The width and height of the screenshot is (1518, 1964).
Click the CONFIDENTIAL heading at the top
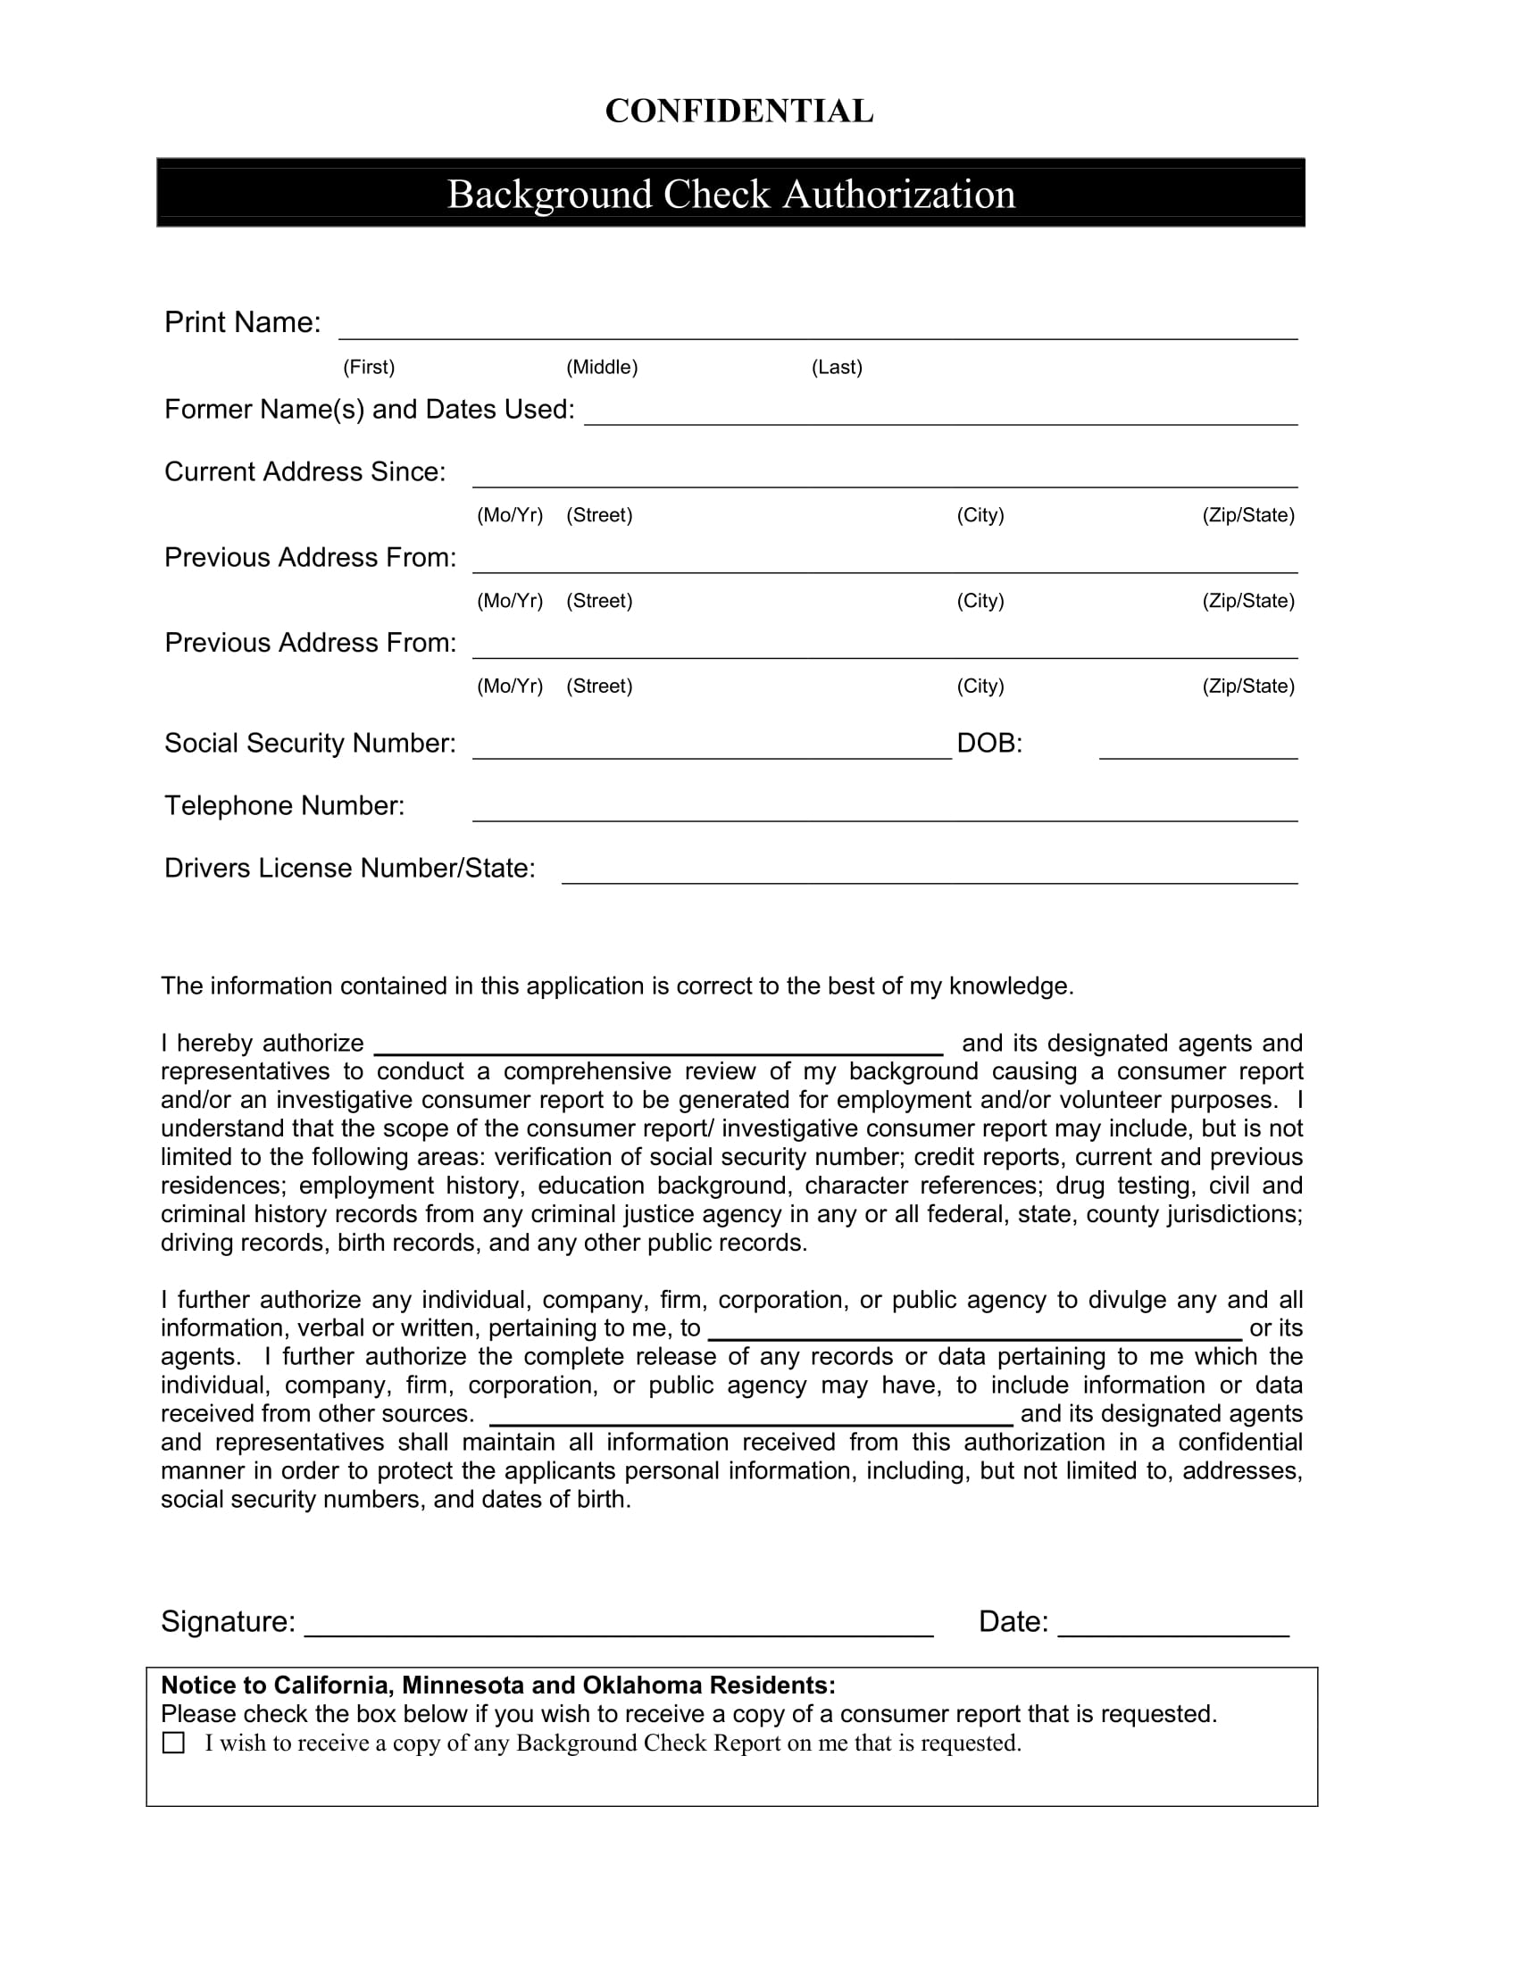click(738, 112)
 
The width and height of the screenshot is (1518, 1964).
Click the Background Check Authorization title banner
click(730, 195)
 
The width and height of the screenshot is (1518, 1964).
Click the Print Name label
click(242, 322)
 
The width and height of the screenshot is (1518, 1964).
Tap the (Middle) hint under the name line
click(602, 367)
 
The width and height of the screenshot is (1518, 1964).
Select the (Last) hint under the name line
click(837, 367)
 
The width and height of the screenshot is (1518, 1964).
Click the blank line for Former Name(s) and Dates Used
click(939, 415)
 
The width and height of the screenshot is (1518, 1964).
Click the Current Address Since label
click(304, 472)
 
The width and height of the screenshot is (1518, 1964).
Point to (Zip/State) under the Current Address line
click(1248, 515)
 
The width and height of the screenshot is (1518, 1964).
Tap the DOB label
click(989, 744)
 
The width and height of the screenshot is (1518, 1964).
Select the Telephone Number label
click(284, 806)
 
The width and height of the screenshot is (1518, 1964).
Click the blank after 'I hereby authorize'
click(657, 1046)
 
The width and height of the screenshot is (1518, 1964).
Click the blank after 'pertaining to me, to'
click(975, 1331)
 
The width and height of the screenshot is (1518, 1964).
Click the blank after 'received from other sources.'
click(751, 1417)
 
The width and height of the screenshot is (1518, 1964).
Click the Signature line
click(619, 1627)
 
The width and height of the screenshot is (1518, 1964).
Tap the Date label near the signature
click(1013, 1621)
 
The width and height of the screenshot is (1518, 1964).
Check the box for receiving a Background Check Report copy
click(173, 1743)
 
